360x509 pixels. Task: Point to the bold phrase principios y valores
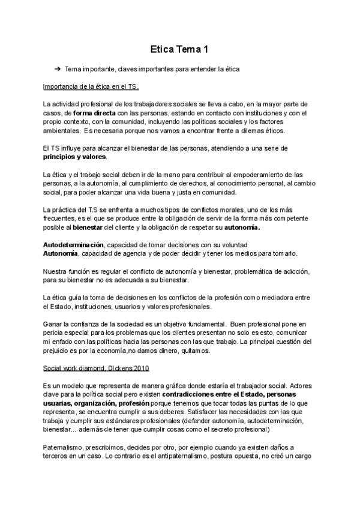[75, 157]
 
